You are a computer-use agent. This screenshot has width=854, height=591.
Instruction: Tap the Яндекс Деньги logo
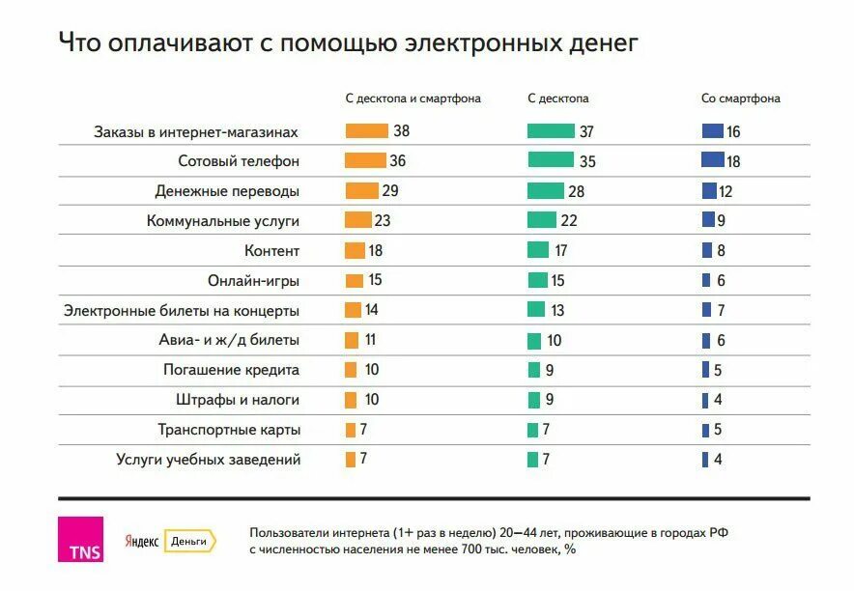[169, 542]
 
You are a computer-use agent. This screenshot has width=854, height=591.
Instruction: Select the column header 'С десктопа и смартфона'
[413, 98]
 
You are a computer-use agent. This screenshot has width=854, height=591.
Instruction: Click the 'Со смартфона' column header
[741, 98]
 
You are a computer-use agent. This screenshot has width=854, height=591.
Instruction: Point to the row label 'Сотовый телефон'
[239, 161]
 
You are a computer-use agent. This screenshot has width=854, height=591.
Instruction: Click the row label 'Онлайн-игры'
[253, 281]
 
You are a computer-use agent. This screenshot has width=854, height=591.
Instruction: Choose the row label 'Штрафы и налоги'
[238, 400]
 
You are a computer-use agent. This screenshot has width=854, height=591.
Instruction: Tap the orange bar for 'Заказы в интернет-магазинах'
[366, 131]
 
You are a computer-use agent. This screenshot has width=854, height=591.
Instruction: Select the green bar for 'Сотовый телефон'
[551, 160]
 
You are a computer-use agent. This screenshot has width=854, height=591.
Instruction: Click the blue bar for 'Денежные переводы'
[709, 191]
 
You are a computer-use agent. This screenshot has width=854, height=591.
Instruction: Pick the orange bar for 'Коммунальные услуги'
[358, 220]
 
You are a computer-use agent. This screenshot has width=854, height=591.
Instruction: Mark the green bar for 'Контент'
[538, 250]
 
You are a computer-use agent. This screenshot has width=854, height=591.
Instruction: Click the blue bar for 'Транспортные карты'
[705, 430]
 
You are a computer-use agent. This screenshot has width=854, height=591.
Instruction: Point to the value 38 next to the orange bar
[402, 131]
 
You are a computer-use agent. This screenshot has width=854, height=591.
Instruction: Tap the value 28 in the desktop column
[578, 191]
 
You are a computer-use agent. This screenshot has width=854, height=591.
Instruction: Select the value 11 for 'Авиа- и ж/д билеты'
[370, 340]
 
